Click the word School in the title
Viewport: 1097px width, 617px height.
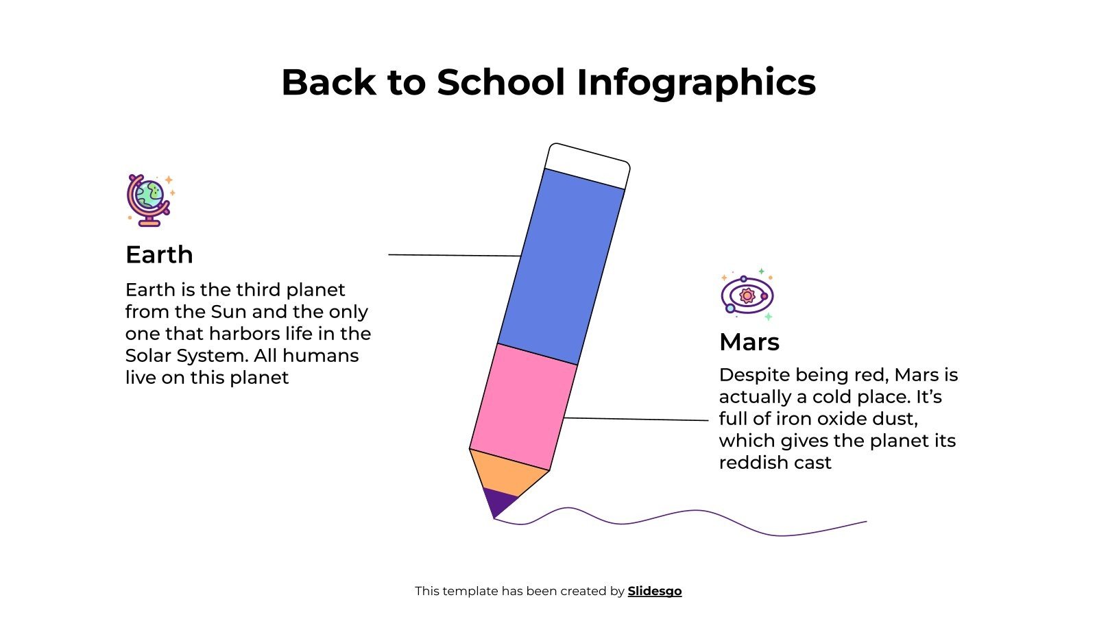click(501, 82)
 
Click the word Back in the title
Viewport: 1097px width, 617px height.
click(328, 82)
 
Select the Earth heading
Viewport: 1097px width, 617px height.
click(159, 254)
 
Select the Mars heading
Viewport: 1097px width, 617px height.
click(749, 341)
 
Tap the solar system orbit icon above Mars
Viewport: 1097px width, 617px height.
click(747, 295)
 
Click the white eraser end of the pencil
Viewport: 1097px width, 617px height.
click(588, 166)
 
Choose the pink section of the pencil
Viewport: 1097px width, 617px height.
click(523, 407)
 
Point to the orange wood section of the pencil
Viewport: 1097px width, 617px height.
click(508, 473)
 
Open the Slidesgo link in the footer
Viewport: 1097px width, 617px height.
click(654, 591)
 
